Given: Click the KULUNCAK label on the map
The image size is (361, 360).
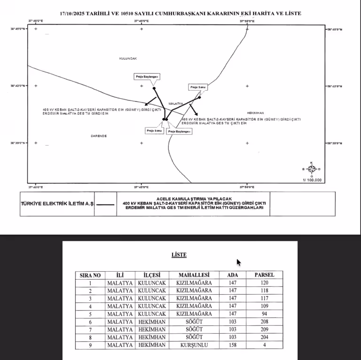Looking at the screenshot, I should [128, 58].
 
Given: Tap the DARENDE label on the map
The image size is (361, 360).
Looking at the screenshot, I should [99, 135].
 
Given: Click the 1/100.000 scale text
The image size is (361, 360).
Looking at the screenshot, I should [312, 180].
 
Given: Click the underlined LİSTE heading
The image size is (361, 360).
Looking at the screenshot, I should [179, 255].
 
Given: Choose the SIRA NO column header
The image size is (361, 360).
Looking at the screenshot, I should [90, 275].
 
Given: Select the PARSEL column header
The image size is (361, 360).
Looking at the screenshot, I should [265, 275].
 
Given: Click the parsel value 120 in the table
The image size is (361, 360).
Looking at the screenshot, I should [265, 283].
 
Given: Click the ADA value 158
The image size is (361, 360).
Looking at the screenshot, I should [232, 345].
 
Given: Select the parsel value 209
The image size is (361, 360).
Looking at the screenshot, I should [265, 329].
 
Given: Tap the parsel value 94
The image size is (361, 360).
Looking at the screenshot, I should [265, 314].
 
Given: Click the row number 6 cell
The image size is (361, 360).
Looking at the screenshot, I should [90, 322].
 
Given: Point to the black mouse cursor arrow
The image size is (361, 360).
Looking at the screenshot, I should [239, 262].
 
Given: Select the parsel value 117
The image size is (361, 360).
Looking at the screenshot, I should [265, 298].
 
